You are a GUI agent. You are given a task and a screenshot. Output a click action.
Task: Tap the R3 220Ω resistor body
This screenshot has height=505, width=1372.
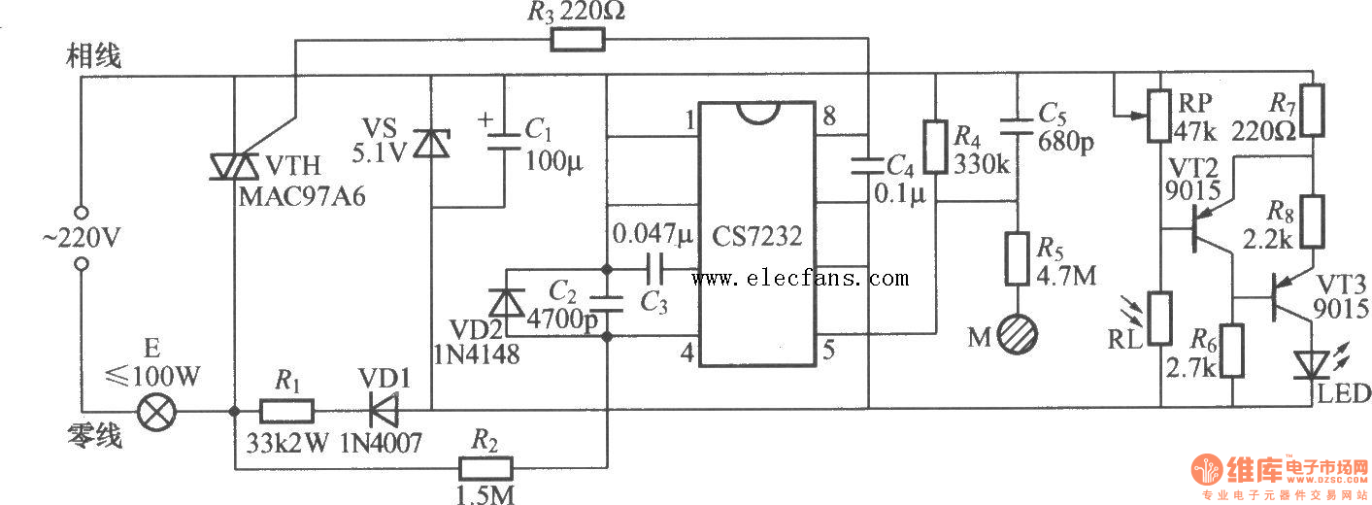(577, 40)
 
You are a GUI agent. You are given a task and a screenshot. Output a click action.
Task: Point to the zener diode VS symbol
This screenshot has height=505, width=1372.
(430, 144)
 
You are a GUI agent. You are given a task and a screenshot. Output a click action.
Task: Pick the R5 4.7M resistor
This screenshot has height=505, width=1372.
(1018, 259)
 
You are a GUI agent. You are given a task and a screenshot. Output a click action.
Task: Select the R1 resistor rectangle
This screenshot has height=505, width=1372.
(286, 411)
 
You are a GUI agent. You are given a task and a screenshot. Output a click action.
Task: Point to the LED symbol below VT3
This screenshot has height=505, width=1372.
(1312, 364)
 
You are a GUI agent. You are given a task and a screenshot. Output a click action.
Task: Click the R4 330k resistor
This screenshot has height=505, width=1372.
(936, 147)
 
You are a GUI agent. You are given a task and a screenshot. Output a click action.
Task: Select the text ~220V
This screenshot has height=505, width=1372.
(82, 237)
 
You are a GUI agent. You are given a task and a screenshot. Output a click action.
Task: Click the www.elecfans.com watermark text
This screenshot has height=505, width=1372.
(800, 279)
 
